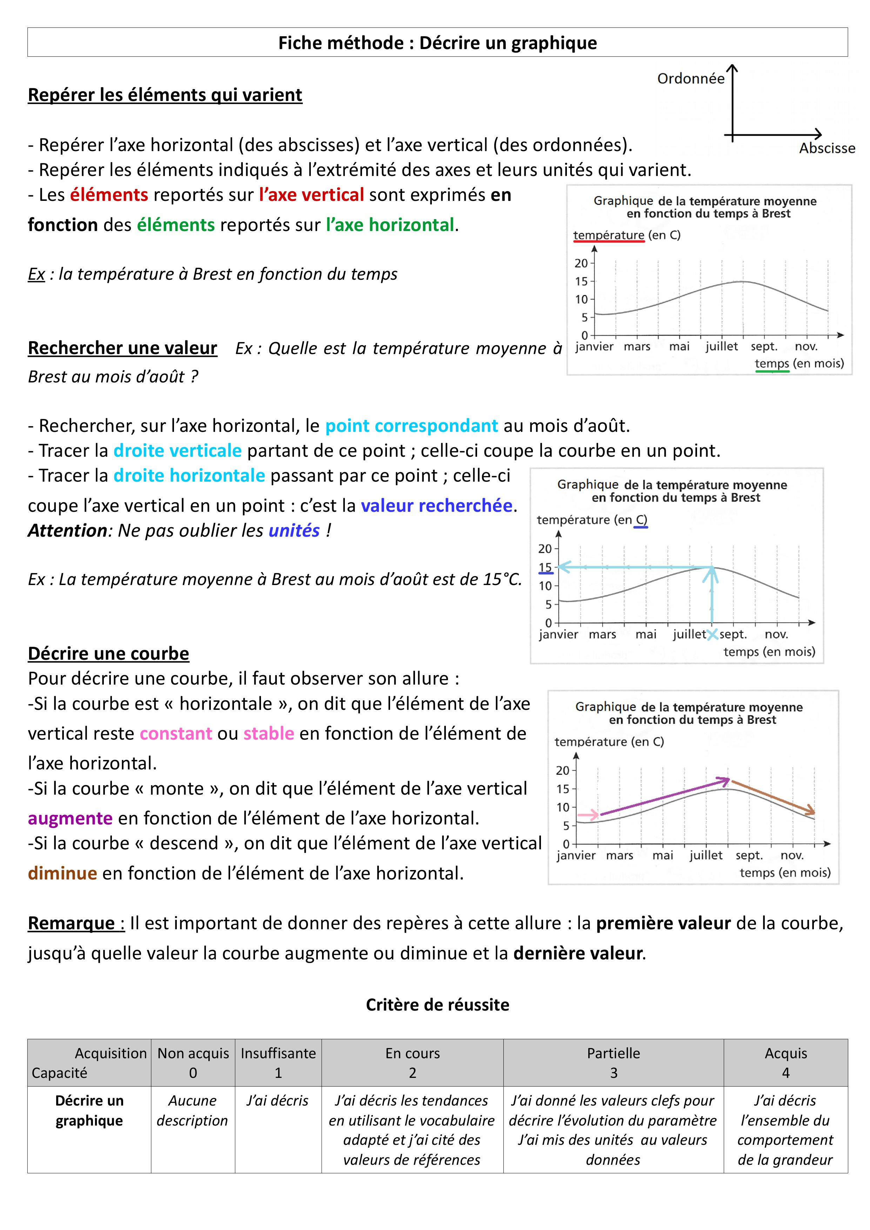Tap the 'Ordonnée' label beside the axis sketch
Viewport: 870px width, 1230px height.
tap(690, 79)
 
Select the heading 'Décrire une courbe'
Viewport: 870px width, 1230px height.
tap(108, 654)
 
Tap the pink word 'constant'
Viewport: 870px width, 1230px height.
tap(176, 733)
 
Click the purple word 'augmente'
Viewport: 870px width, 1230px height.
tap(70, 818)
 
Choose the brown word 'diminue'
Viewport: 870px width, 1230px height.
tap(62, 873)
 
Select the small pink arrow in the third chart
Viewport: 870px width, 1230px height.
tap(589, 815)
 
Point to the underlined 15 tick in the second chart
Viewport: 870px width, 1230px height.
tap(545, 567)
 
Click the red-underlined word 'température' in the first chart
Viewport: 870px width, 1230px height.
tap(608, 235)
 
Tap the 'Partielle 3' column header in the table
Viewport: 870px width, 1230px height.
tap(613, 1063)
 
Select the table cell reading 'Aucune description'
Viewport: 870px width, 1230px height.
tap(193, 1110)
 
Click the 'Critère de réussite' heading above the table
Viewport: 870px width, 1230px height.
tap(437, 1005)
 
